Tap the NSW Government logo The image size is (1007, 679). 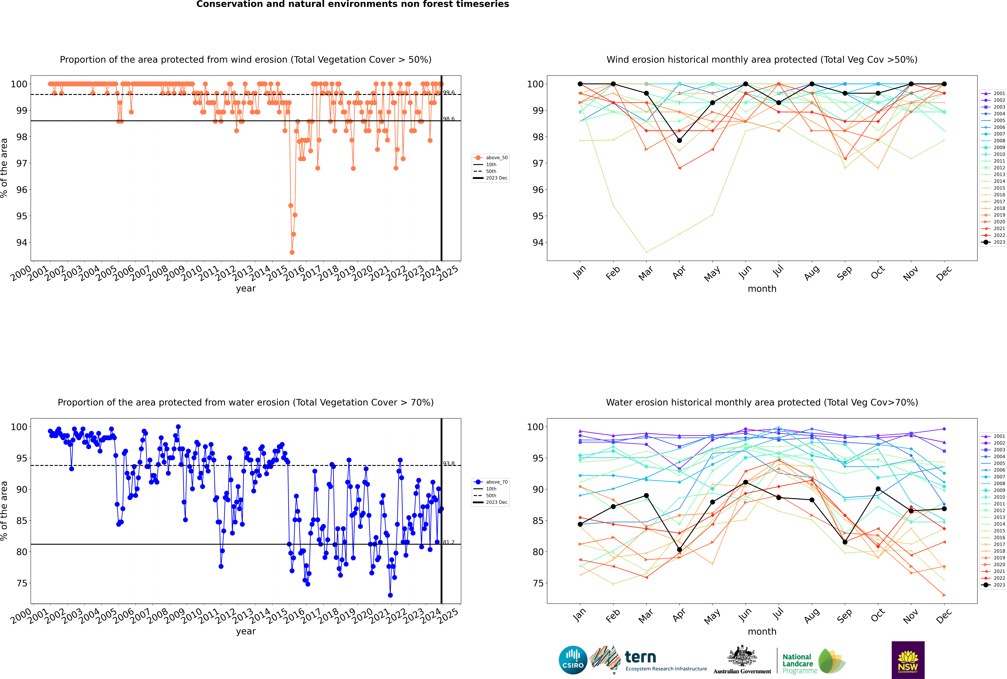[x=908, y=660]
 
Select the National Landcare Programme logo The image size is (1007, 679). [x=813, y=661]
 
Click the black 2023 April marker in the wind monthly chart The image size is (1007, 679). [x=679, y=140]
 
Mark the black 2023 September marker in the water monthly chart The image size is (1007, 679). [x=845, y=542]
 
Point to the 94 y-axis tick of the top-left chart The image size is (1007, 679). [x=22, y=242]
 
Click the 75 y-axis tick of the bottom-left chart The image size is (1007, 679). [x=22, y=583]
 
